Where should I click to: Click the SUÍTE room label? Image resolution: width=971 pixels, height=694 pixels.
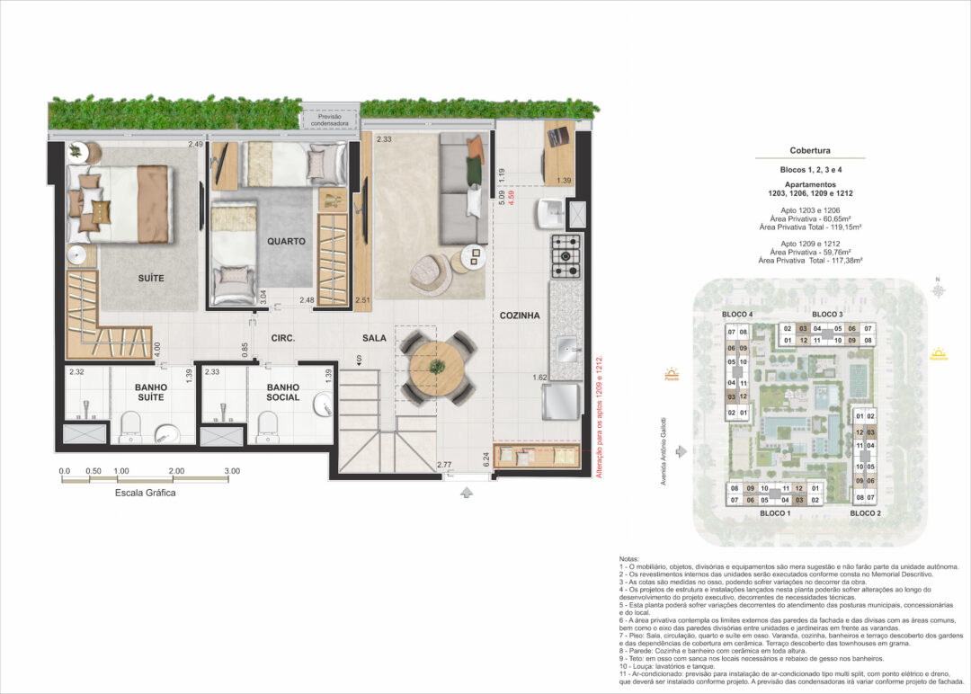click(151, 278)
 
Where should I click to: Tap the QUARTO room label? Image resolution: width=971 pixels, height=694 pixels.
click(286, 241)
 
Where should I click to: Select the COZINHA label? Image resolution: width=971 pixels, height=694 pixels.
click(520, 316)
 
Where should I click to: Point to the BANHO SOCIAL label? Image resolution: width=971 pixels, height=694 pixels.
click(282, 392)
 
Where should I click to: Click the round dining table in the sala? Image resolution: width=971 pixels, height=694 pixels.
click(438, 367)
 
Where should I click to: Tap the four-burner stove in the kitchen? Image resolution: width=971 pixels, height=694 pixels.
click(566, 254)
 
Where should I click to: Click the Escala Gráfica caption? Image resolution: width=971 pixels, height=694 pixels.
click(146, 493)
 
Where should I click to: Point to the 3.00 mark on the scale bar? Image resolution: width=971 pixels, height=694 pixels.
click(231, 471)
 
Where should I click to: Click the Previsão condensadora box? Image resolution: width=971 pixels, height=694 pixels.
click(329, 120)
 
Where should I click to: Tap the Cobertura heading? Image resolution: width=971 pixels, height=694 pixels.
click(810, 151)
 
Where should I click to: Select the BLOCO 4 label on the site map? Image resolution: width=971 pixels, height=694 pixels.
click(736, 314)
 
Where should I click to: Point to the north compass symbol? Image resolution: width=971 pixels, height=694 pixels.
click(938, 290)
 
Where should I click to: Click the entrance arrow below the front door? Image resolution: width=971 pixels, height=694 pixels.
click(466, 492)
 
